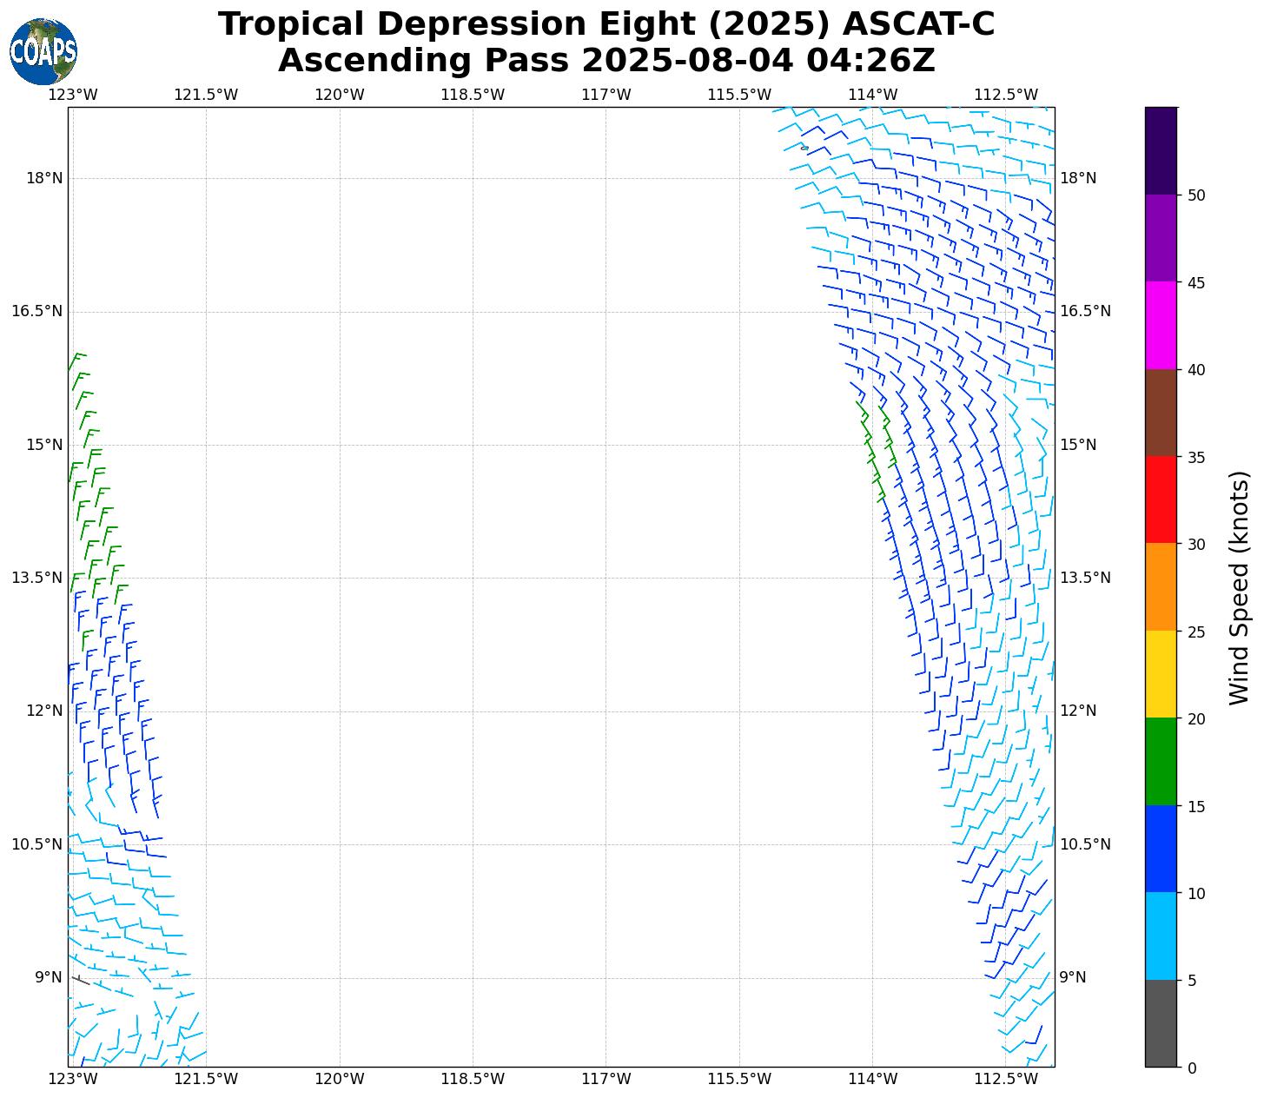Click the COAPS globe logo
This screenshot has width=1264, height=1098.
[x=43, y=52]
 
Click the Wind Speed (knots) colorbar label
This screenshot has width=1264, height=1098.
[x=1240, y=587]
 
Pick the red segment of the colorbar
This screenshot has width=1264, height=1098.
[x=1161, y=499]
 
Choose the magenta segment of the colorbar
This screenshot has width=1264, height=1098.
[x=1161, y=325]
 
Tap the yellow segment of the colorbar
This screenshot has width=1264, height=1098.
[x=1161, y=674]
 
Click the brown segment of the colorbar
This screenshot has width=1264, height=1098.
[x=1161, y=413]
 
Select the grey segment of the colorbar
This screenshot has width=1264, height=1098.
[x=1161, y=1023]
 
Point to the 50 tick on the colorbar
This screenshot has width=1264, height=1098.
[x=1196, y=195]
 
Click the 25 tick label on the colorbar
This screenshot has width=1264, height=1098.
[x=1196, y=632]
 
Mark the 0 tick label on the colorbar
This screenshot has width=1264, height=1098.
[x=1191, y=1068]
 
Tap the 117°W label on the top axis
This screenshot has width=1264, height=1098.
[x=606, y=95]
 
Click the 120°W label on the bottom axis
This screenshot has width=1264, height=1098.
[x=340, y=1080]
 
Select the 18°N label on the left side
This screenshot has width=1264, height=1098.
[x=44, y=178]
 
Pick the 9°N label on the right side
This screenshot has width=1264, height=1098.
[x=1073, y=977]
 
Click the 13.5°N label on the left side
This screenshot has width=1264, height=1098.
[x=37, y=578]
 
